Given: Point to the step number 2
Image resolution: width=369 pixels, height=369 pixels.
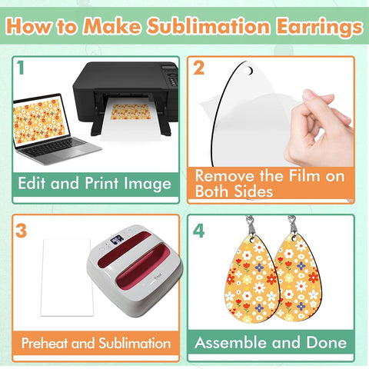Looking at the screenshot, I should coord(198,68).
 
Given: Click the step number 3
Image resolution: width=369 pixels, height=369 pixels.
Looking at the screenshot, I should coord(22,231).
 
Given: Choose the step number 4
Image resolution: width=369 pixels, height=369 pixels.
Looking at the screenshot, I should coord(198,231).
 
